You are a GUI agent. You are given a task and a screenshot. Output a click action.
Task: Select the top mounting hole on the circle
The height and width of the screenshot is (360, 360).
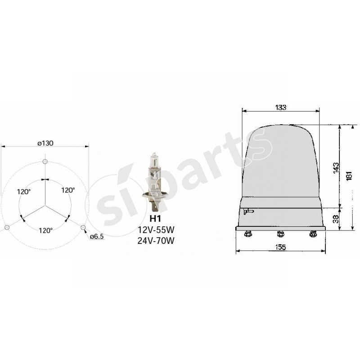coord(45,162)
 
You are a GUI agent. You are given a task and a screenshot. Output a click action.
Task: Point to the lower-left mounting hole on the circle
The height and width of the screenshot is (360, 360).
coord(6,228)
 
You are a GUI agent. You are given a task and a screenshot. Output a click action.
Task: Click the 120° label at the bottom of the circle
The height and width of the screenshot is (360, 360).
coord(45,230)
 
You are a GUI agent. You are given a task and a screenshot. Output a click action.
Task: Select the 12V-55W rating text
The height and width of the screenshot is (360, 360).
coord(155,230)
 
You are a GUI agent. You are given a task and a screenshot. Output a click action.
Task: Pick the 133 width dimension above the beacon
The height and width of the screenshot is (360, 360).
coord(280,107)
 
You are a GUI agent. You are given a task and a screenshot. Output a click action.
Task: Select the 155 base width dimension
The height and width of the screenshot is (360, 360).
coord(280,247)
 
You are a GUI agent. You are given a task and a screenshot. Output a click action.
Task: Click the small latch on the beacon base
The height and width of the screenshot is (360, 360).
coord(248,211)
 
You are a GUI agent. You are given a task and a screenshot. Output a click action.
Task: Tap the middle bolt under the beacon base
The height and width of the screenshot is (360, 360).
coord(280,234)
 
